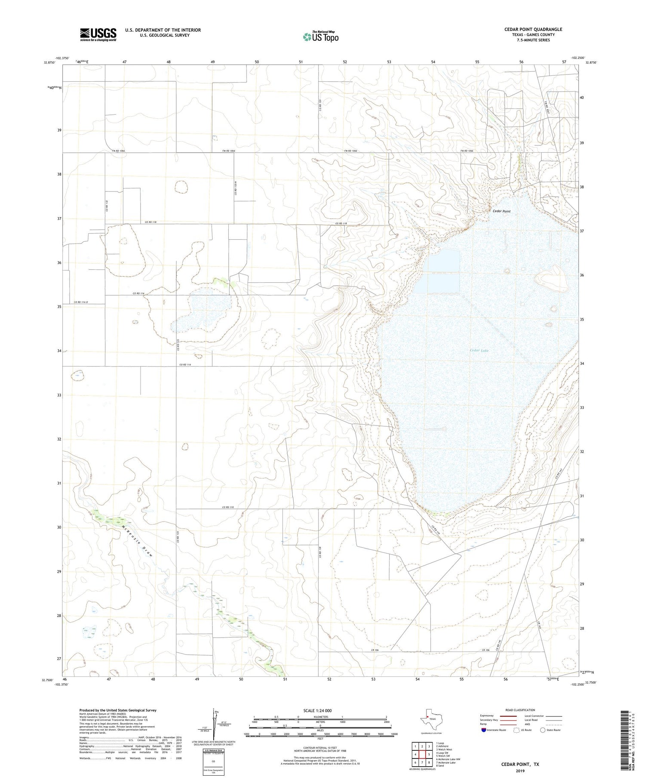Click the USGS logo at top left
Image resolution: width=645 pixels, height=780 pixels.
[x=98, y=34]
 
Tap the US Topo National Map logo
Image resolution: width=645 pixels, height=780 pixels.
[x=320, y=37]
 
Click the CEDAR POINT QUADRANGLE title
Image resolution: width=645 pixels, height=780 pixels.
[x=533, y=29]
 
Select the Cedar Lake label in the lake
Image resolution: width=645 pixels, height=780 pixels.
[x=479, y=350]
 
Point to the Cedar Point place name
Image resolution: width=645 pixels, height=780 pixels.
[x=501, y=211]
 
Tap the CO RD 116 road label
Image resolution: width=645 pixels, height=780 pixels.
[x=138, y=293]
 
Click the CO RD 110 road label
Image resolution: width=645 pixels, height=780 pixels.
[x=228, y=507]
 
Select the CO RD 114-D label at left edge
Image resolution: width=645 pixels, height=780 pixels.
[x=81, y=302]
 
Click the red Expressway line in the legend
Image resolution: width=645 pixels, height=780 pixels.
[x=507, y=716]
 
